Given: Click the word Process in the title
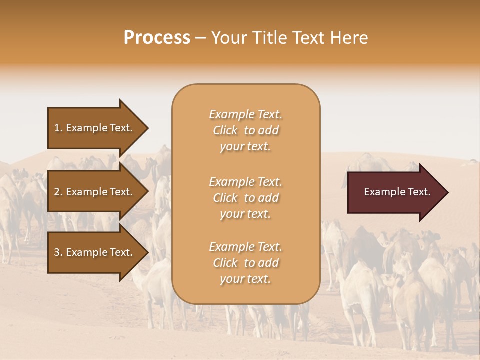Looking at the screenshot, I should tap(157, 38).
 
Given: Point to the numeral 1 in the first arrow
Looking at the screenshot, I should tap(57, 128).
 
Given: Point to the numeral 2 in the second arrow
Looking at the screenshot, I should tap(57, 192).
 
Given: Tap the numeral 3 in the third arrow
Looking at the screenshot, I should tap(57, 252).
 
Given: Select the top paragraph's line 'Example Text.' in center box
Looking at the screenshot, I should tap(245, 114).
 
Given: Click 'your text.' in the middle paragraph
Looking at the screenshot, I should tap(245, 214).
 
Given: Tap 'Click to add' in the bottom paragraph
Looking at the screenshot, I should tap(245, 263).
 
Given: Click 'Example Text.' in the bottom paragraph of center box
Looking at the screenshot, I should tap(245, 247).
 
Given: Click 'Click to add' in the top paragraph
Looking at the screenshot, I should tap(245, 130).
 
